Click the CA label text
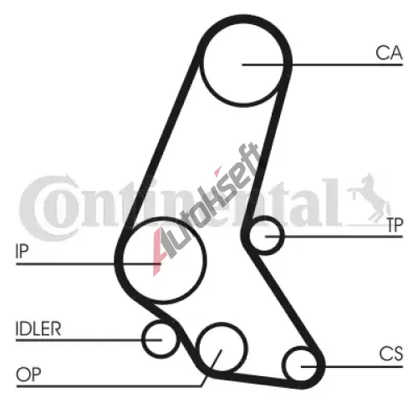[389, 53]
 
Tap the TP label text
[395, 225]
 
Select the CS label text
[391, 354]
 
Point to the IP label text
[22, 251]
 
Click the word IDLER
[38, 329]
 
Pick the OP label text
[28, 375]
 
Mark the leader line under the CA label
[323, 64]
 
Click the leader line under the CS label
[352, 367]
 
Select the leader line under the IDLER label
[89, 340]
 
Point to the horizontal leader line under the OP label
[109, 386]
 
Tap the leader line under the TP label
[334, 237]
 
